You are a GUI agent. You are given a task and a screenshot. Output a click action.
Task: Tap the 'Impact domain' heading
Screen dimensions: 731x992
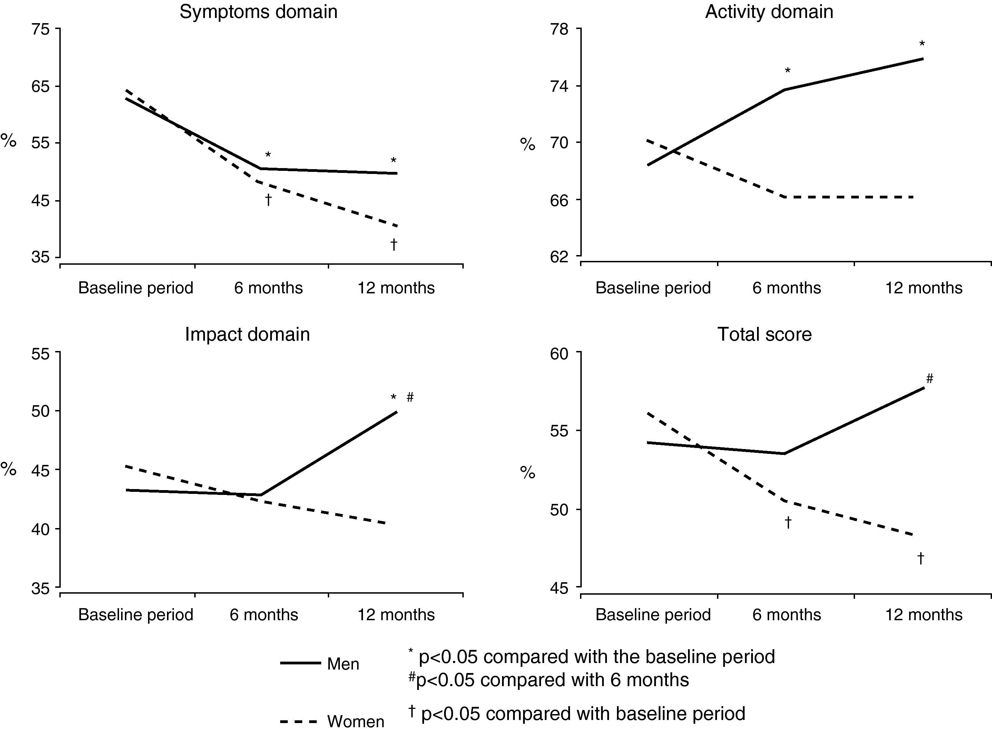coord(247,334)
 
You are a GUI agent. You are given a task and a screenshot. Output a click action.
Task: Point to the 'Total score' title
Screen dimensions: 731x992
coord(764,334)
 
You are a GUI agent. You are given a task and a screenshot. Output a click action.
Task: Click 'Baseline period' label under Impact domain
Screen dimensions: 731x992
coord(136,615)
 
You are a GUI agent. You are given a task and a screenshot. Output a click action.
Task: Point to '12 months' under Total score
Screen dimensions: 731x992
coord(923,615)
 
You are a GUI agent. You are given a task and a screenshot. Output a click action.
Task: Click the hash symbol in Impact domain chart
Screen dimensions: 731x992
coord(410,397)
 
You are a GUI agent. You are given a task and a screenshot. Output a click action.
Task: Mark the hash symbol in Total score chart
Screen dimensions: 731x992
coord(930,379)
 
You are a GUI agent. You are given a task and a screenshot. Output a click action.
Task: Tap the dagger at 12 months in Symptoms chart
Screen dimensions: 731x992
coord(394,244)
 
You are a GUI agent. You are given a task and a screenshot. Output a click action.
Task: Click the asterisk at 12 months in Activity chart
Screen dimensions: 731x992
coord(922,44)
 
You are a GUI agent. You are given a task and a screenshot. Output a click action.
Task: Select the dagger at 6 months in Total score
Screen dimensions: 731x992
coord(788,523)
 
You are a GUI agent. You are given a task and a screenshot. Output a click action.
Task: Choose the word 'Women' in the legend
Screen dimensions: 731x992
coord(356,721)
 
